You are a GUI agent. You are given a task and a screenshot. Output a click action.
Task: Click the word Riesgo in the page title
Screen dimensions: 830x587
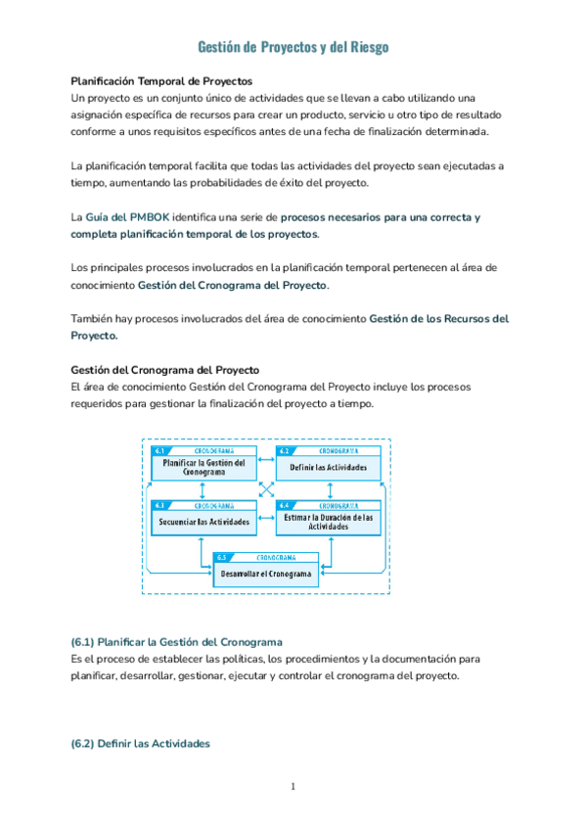[367, 47]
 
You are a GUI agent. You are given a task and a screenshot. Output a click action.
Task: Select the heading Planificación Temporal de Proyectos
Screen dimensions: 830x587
[161, 80]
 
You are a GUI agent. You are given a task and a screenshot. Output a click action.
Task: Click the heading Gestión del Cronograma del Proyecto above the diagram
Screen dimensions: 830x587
[165, 370]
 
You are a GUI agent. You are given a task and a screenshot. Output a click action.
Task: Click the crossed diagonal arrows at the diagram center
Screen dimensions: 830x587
[266, 489]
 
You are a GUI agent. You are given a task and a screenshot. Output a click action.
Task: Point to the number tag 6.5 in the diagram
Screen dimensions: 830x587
[222, 557]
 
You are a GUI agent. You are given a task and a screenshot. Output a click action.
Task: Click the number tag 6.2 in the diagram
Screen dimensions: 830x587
[285, 451]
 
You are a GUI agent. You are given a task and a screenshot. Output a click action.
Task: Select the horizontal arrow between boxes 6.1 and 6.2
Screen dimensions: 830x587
[266, 458]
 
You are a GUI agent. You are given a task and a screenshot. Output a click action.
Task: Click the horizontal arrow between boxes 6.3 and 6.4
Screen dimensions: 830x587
[266, 511]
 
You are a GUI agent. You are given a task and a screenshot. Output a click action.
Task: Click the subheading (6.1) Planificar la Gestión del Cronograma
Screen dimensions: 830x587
[176, 642]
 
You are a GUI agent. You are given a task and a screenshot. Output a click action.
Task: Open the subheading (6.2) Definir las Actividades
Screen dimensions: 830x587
[140, 744]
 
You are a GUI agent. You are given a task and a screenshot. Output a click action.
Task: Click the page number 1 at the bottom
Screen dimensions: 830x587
[293, 788]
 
